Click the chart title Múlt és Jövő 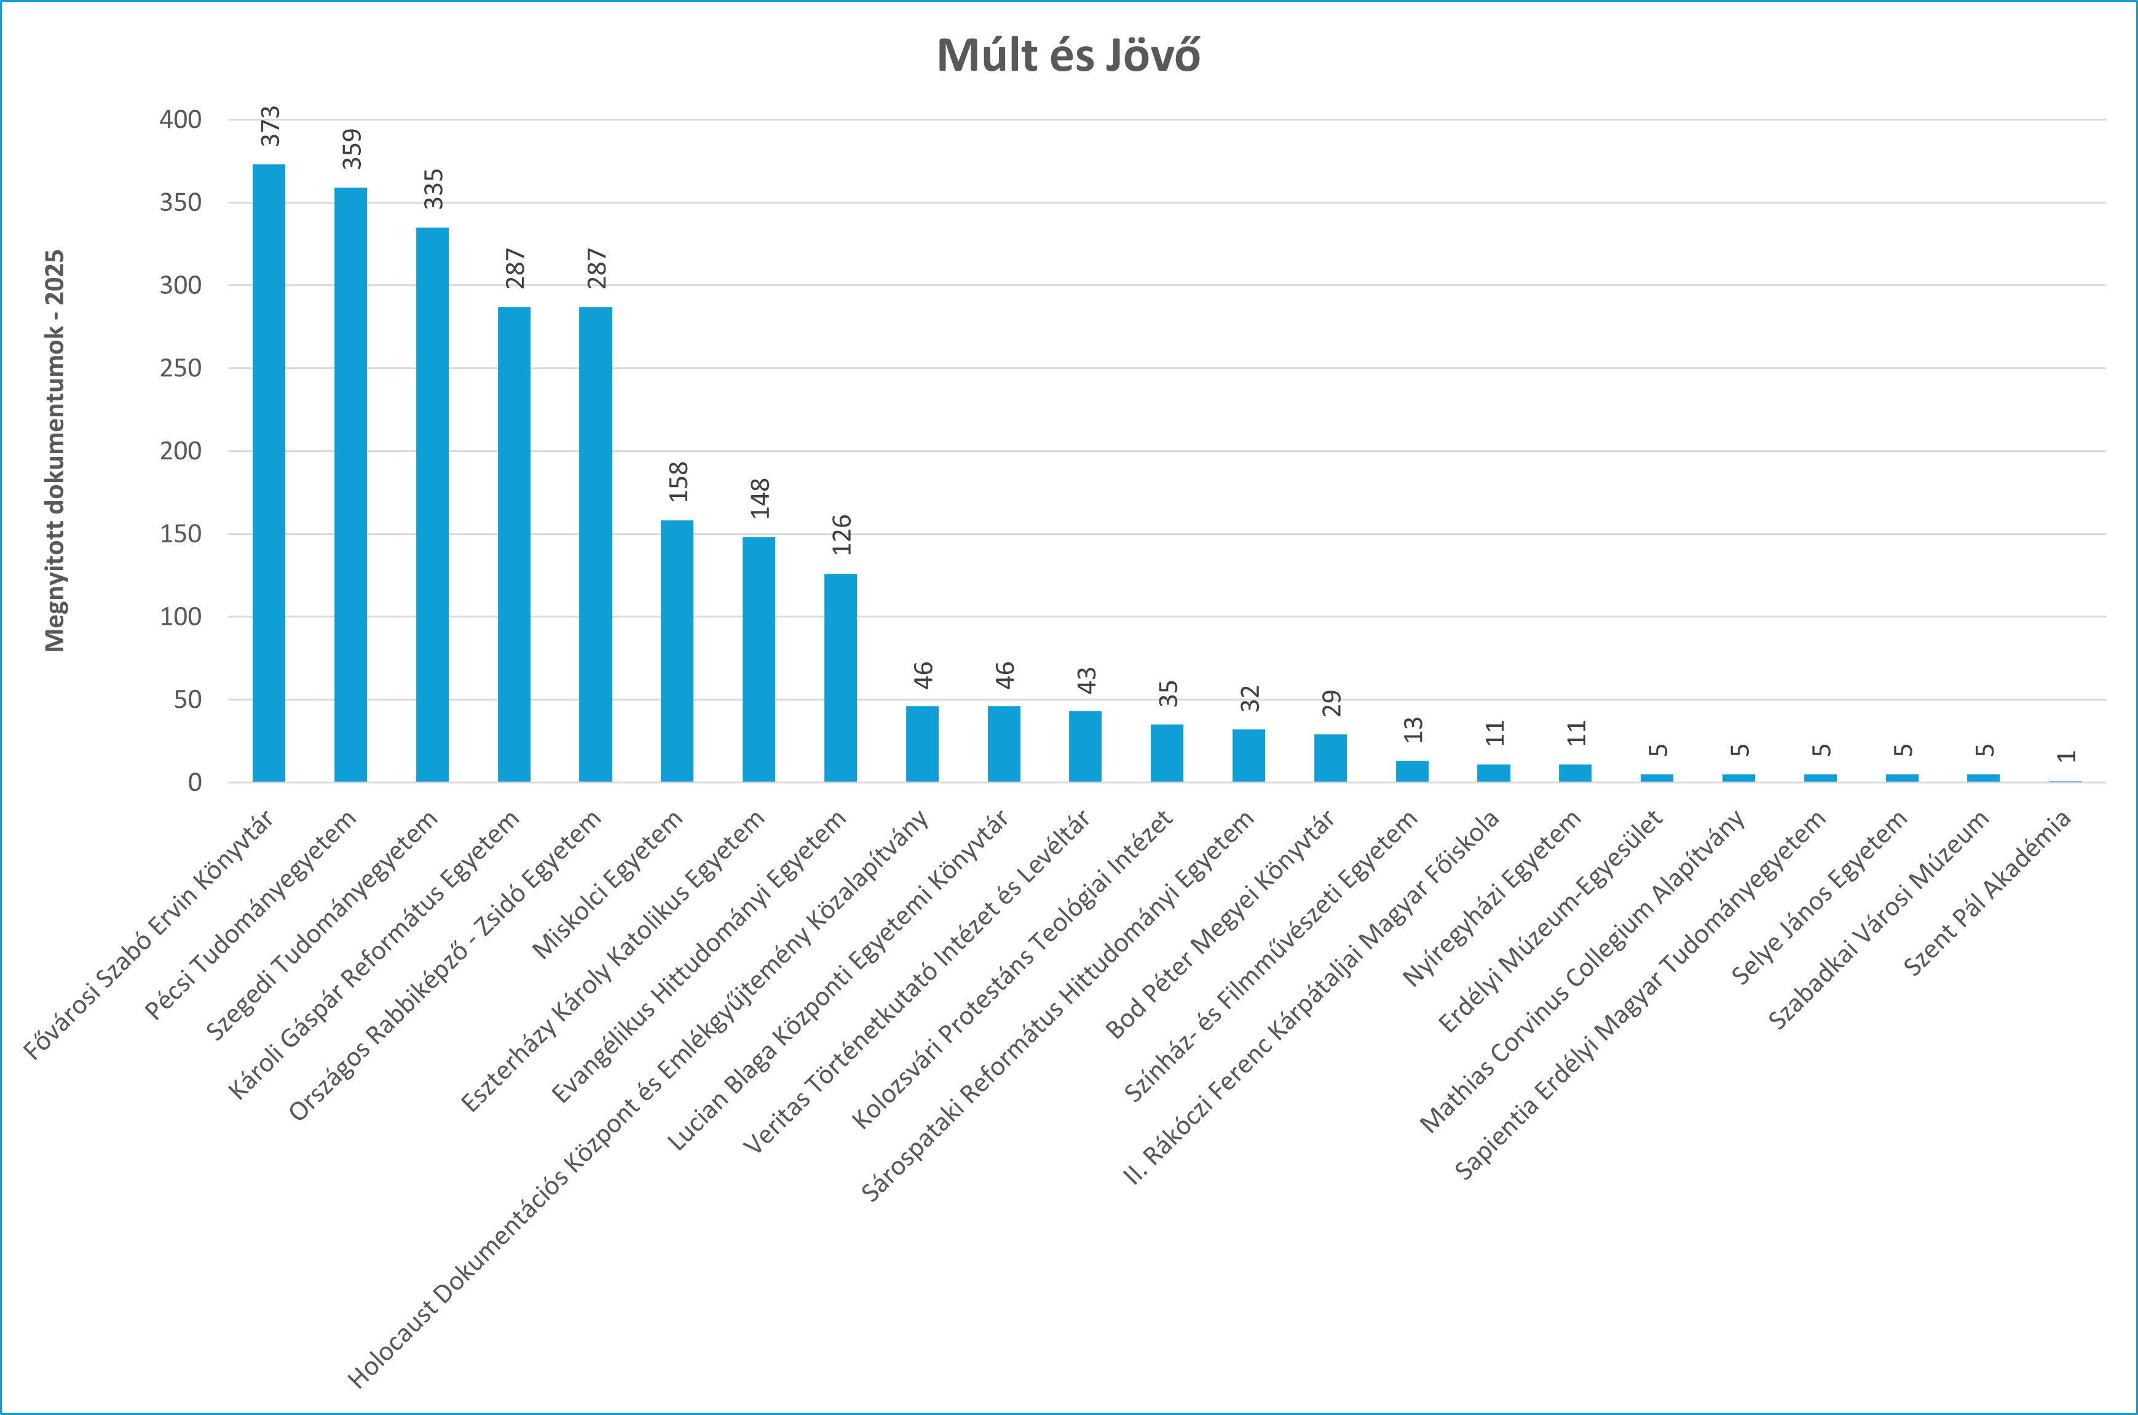point(1068,55)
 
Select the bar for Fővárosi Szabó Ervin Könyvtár point(269,473)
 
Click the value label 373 point(270,126)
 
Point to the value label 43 point(1086,680)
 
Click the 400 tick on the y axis point(181,119)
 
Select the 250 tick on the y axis point(181,368)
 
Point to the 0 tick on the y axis point(194,782)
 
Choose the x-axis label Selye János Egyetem point(1820,897)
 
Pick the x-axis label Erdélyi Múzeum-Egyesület point(1552,921)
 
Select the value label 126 point(842,534)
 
